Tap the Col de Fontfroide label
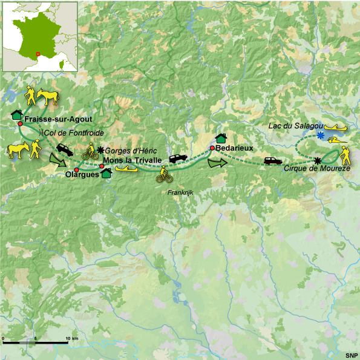[x=71, y=132]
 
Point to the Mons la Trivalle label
[x=132, y=160]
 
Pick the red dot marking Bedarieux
[x=212, y=148]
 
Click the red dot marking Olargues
[x=76, y=169]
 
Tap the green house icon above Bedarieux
[x=221, y=139]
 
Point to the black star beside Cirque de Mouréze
[x=318, y=160]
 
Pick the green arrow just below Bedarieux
[x=217, y=163]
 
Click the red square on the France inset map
[x=38, y=54]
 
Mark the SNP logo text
[x=351, y=355]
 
